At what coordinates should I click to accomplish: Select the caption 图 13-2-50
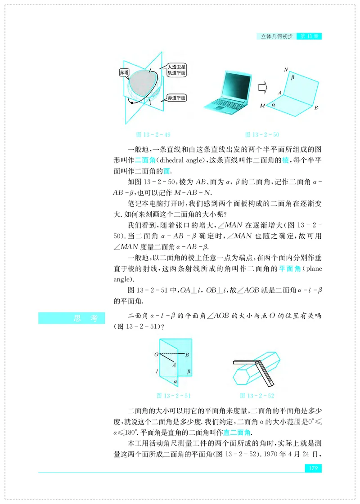click(262, 134)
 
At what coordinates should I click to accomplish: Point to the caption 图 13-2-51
click(173, 396)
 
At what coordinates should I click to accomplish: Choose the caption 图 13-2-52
click(257, 396)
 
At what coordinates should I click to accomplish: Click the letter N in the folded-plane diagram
click(286, 70)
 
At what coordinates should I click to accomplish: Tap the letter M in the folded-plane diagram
click(262, 106)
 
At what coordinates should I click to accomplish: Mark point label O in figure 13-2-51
click(156, 355)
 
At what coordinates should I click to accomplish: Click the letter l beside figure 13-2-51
click(157, 372)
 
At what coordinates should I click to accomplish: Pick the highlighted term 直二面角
click(237, 433)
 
